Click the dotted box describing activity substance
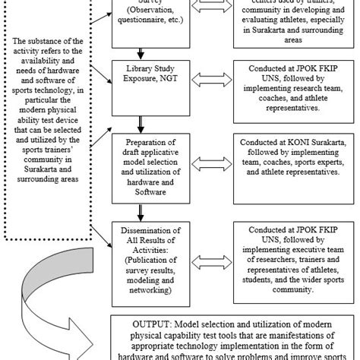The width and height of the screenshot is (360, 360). [x=52, y=114]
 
